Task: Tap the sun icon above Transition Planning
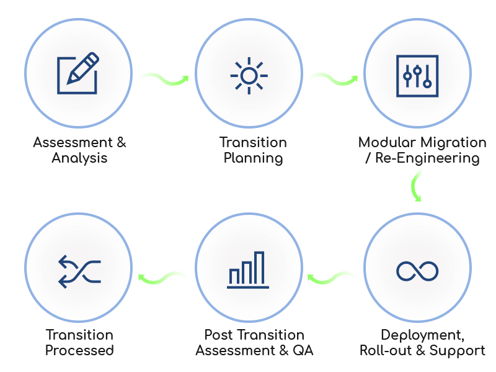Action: (249, 76)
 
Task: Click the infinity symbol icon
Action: (417, 271)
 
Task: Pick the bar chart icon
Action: (248, 270)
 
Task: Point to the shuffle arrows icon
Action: (79, 271)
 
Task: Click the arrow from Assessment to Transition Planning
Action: (164, 79)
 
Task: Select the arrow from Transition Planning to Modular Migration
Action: (333, 79)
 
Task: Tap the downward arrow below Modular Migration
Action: (416, 184)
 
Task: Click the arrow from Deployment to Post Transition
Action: (333, 277)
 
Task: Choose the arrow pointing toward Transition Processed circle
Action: (164, 277)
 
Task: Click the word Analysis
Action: (79, 158)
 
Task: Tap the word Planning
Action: (253, 158)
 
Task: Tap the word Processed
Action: (79, 351)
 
